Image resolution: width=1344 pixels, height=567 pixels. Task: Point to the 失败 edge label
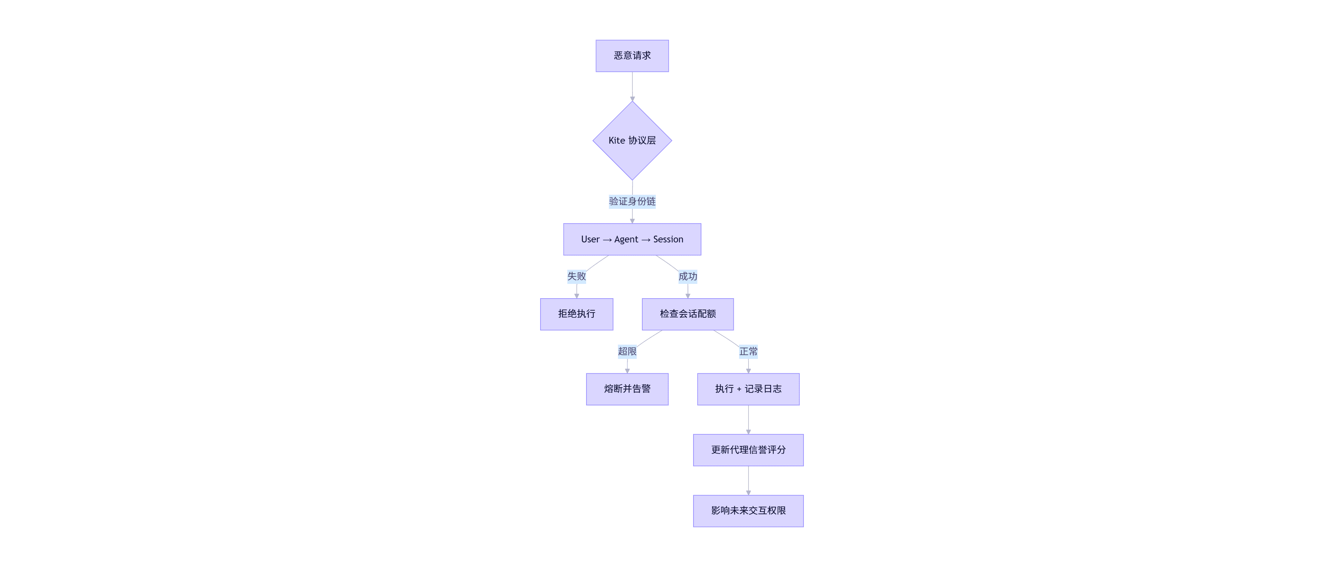577,276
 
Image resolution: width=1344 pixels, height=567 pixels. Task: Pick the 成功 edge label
688,276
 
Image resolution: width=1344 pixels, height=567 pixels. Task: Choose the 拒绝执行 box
577,314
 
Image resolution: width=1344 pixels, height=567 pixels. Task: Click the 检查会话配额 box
688,314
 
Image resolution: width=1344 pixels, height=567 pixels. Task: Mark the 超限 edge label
627,351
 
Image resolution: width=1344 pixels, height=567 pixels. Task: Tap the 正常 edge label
748,351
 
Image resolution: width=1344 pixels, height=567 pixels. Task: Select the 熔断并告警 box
627,389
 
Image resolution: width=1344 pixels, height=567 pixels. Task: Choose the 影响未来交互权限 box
748,510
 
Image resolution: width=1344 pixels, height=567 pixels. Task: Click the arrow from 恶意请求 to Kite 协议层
632,86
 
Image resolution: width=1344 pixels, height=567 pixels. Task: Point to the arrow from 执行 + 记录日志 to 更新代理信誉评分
748,419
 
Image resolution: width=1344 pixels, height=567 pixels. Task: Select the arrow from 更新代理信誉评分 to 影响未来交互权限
748,480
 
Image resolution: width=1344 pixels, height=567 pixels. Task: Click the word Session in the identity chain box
668,239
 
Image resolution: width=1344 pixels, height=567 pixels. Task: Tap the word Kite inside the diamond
616,141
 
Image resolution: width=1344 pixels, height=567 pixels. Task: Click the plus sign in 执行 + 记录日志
739,389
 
